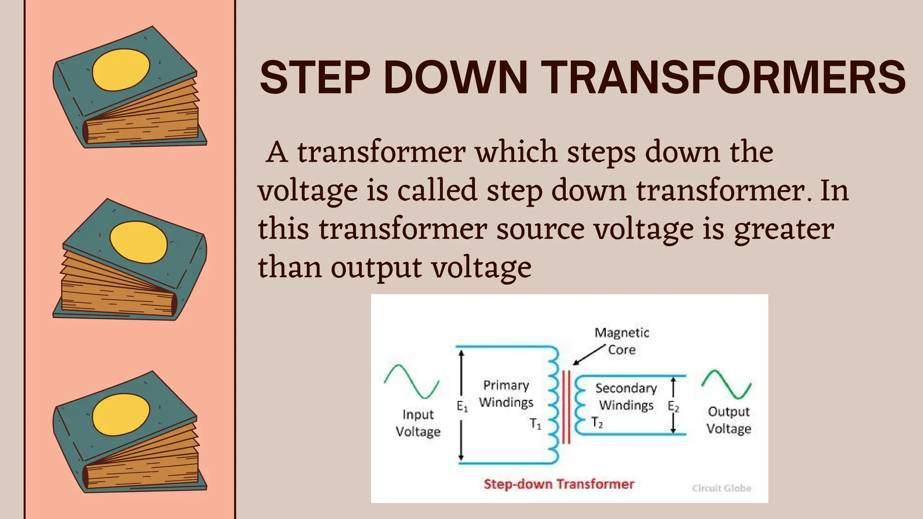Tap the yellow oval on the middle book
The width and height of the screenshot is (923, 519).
pyautogui.click(x=138, y=242)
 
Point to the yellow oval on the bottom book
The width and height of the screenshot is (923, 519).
pyautogui.click(x=121, y=414)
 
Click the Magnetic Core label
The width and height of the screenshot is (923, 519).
pyautogui.click(x=622, y=341)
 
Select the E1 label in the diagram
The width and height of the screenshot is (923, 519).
pyautogui.click(x=462, y=406)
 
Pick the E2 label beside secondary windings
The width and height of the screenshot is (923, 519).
pyautogui.click(x=673, y=406)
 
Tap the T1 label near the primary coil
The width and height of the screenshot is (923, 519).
pyautogui.click(x=535, y=424)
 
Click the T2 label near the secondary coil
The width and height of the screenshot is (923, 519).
pyautogui.click(x=597, y=423)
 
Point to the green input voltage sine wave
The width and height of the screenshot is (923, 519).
pyautogui.click(x=411, y=381)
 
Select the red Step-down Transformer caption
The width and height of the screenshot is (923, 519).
pyautogui.click(x=559, y=484)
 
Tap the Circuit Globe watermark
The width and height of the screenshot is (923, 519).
pyautogui.click(x=722, y=488)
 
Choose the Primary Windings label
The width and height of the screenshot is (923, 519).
pyautogui.click(x=506, y=393)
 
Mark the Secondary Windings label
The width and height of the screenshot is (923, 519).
pyautogui.click(x=626, y=396)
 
